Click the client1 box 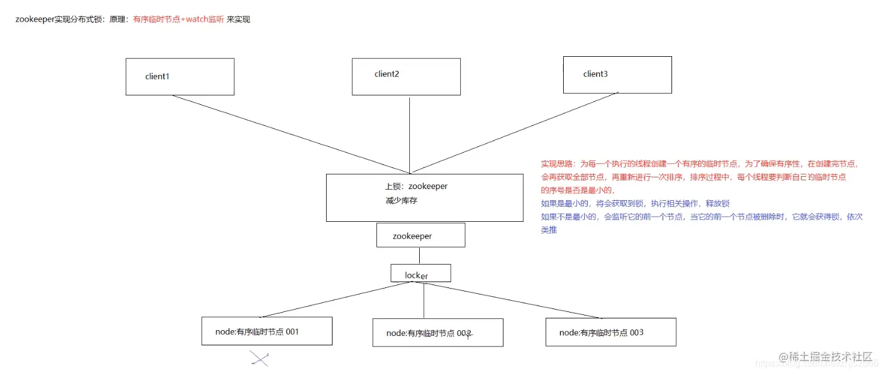pos(180,77)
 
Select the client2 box pos(406,76)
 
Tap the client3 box pos(617,74)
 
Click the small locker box pos(420,273)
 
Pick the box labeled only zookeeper pos(420,235)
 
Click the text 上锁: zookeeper pos(416,187)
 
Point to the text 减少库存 pos(401,201)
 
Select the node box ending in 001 pos(266,331)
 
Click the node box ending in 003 pos(611,332)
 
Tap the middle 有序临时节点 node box pos(437,332)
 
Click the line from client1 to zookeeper pos(293,134)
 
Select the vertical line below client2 pos(409,135)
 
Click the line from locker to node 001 pos(328,300)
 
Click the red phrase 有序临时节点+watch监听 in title pos(179,19)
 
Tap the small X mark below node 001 pos(259,358)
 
